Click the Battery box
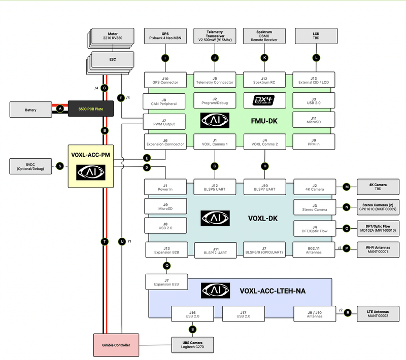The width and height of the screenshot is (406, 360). (31, 109)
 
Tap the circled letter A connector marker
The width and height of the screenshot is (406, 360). (60, 109)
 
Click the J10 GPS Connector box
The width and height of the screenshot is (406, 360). (165, 80)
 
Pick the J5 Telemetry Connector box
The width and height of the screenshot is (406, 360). (215, 80)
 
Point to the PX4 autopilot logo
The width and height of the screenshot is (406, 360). (265, 99)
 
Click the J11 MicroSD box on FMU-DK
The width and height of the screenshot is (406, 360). (314, 120)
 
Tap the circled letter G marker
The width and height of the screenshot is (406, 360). (215, 166)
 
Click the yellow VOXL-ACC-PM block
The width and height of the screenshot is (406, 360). (91, 166)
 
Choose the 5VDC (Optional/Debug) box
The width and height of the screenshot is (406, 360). (31, 166)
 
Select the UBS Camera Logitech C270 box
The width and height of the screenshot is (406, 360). (193, 345)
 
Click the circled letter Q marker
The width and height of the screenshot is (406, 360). (166, 265)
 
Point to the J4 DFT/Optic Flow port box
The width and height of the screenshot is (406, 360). (314, 228)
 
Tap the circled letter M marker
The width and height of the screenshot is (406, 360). (347, 187)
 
